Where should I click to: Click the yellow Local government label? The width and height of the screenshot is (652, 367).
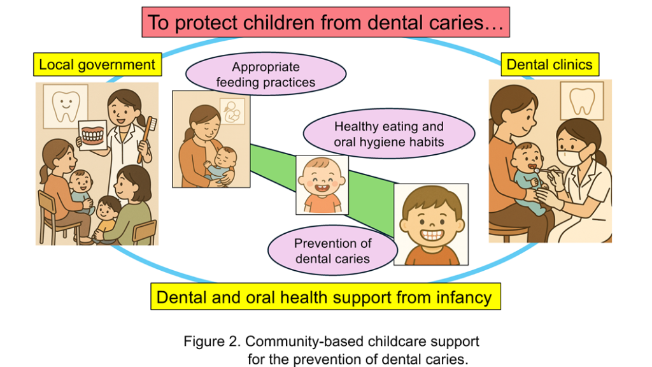(97, 64)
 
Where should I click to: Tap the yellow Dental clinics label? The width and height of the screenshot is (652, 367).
(549, 64)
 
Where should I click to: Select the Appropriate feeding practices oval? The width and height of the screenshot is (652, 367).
(266, 74)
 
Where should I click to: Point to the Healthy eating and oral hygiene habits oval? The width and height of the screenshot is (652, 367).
(389, 134)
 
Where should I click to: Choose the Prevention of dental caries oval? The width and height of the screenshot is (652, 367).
(332, 250)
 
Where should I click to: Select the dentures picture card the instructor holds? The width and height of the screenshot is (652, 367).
(93, 135)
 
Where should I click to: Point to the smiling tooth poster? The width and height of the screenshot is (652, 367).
(66, 106)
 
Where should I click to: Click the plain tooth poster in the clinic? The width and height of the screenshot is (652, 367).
(582, 101)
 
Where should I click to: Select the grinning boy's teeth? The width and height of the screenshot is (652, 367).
(432, 234)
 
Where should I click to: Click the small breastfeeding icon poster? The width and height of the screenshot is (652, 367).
(232, 111)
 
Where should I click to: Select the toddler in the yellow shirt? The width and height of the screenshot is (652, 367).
(106, 219)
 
